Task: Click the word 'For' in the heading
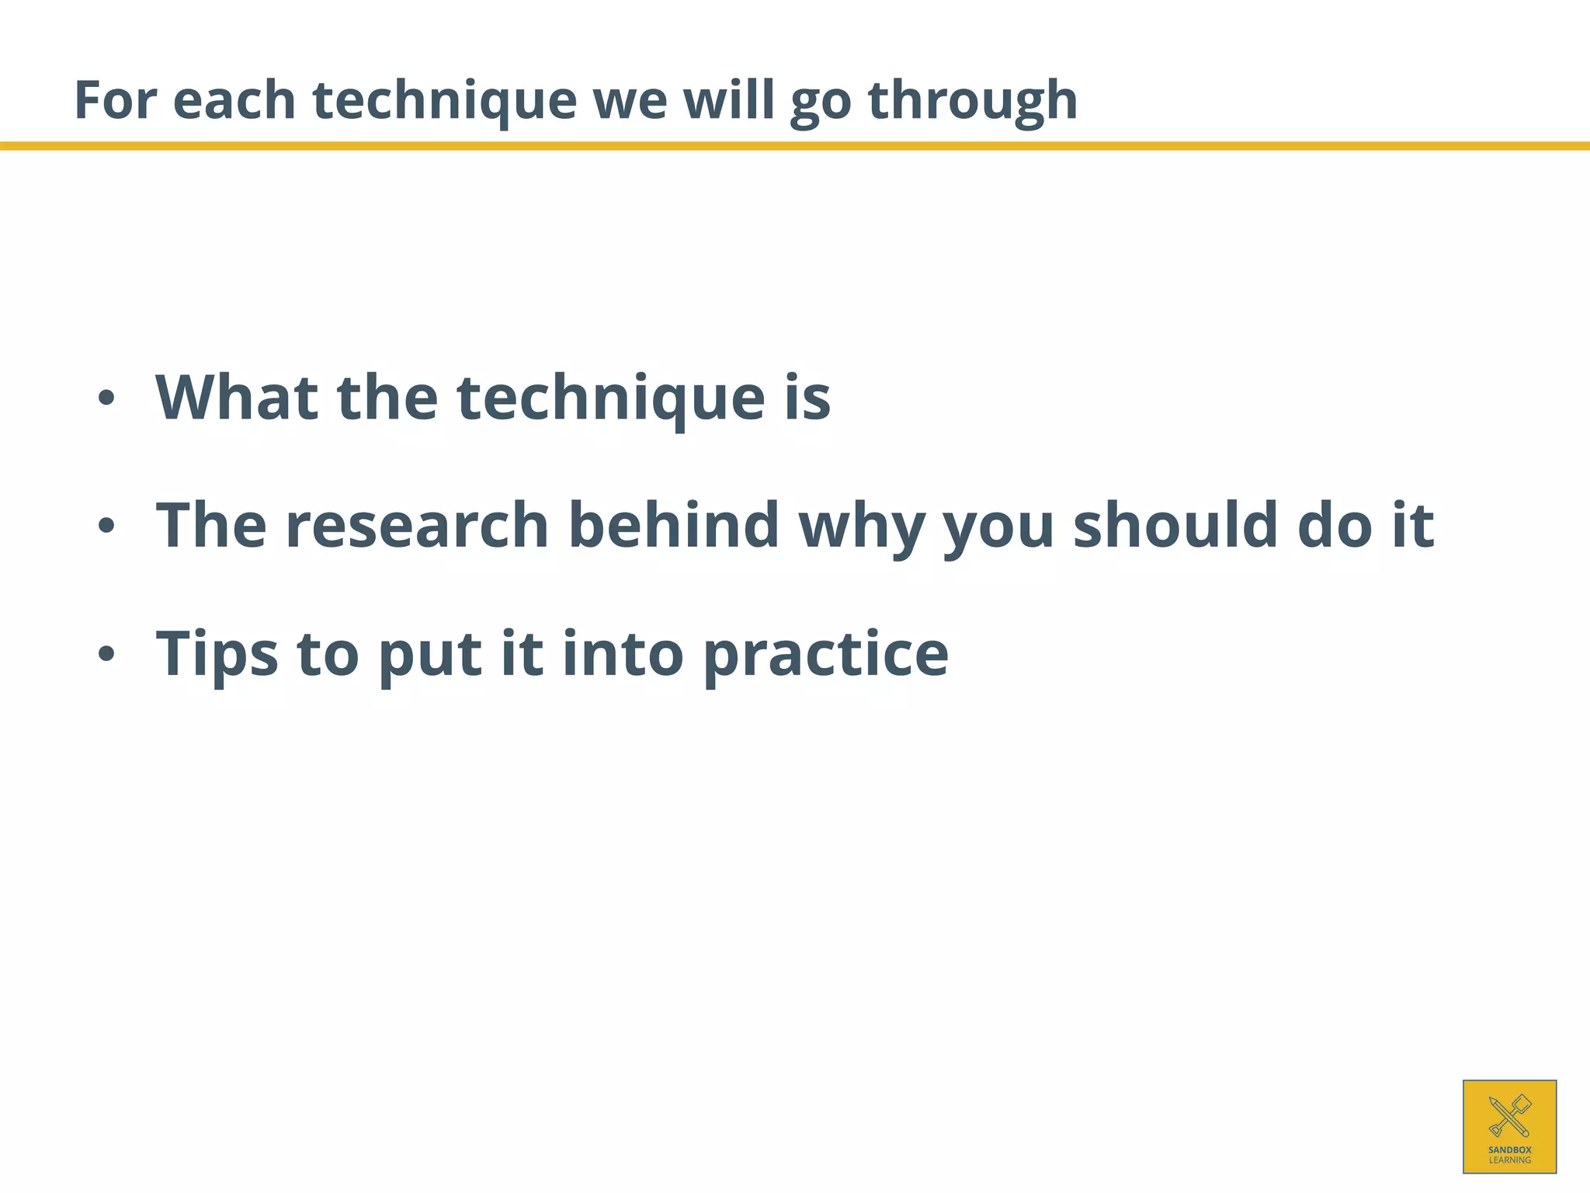pyautogui.click(x=115, y=100)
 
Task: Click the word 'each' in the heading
pyautogui.click(x=234, y=100)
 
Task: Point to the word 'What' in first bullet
pyautogui.click(x=237, y=398)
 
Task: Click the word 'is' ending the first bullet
pyautogui.click(x=807, y=398)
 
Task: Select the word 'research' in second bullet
pyautogui.click(x=417, y=526)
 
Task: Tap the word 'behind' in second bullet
pyautogui.click(x=673, y=526)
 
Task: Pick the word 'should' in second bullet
pyautogui.click(x=1175, y=526)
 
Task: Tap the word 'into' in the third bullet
pyautogui.click(x=622, y=655)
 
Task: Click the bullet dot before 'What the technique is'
pyautogui.click(x=106, y=399)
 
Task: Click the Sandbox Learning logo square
pyautogui.click(x=1509, y=1126)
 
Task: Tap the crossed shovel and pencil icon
pyautogui.click(x=1509, y=1115)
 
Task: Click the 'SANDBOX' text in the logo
pyautogui.click(x=1509, y=1150)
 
